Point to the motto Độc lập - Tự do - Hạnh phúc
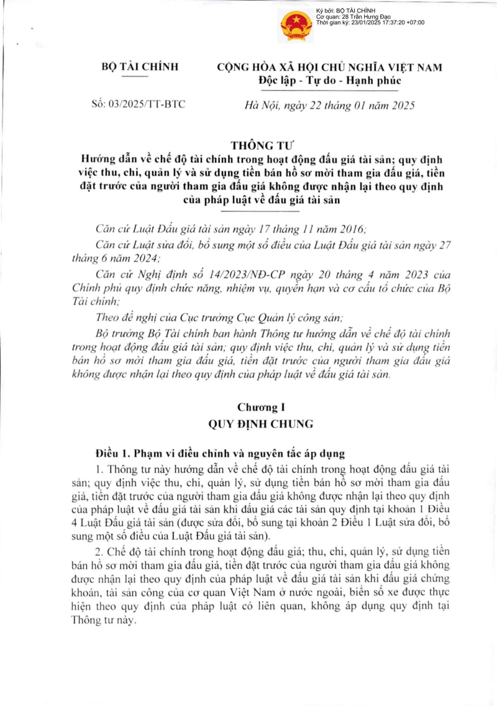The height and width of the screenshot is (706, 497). [x=330, y=80]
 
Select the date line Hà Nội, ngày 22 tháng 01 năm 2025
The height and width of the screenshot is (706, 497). [x=329, y=104]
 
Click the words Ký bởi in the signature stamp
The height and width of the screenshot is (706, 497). [x=325, y=11]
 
